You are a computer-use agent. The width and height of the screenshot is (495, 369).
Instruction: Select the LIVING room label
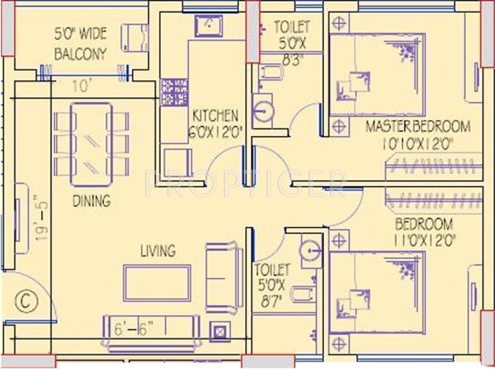coord(157,251)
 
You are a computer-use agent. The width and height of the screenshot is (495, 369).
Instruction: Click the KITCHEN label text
coord(215,116)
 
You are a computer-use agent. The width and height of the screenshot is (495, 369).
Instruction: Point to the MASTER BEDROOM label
coord(417,127)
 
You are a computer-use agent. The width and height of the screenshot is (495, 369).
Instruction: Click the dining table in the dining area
coord(91,144)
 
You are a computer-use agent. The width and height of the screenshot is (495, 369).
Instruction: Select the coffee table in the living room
coord(157,283)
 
